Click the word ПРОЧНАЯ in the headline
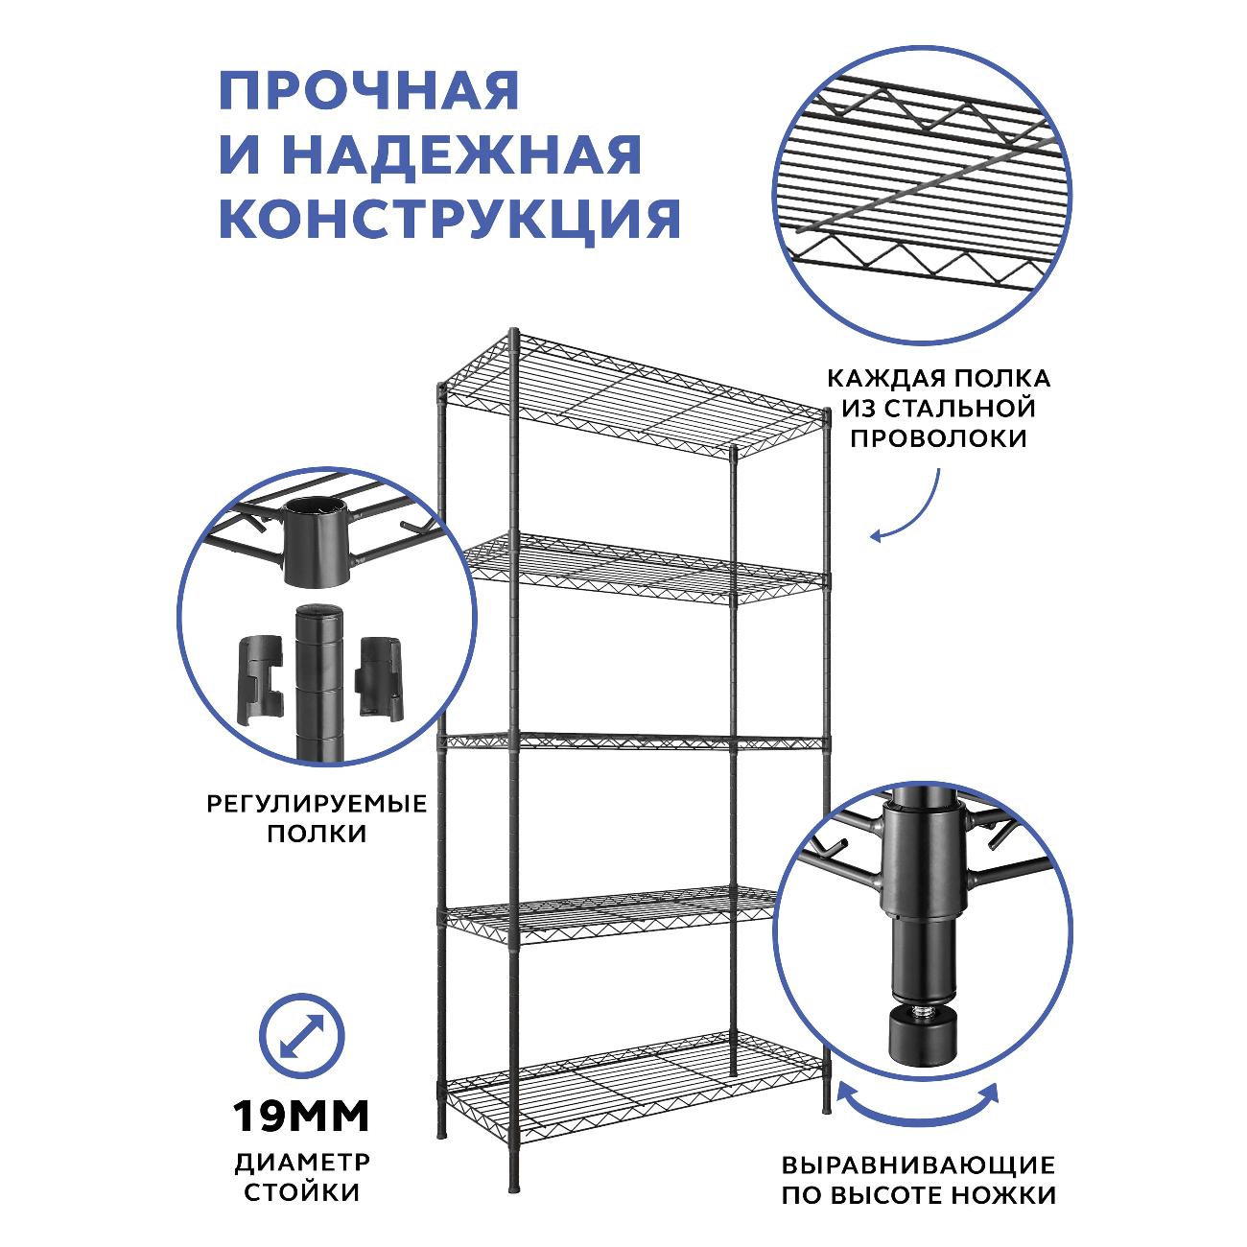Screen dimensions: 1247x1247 (x=369, y=90)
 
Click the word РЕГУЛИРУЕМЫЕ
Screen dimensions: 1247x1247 (x=318, y=805)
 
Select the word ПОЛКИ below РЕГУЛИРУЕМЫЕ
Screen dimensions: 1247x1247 (x=318, y=834)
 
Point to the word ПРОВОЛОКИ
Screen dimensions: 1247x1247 (x=938, y=438)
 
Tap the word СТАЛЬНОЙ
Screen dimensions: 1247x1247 (x=960, y=409)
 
